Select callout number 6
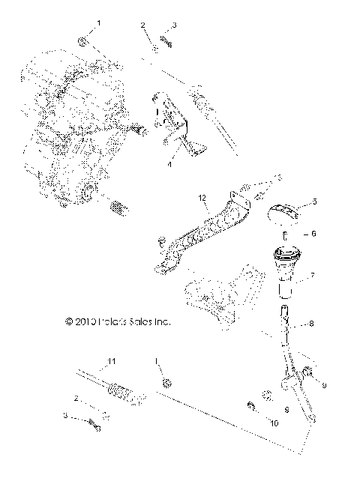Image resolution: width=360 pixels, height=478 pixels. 313,234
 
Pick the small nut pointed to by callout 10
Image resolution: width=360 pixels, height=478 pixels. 252,408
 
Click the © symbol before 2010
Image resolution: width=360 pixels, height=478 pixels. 69,322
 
